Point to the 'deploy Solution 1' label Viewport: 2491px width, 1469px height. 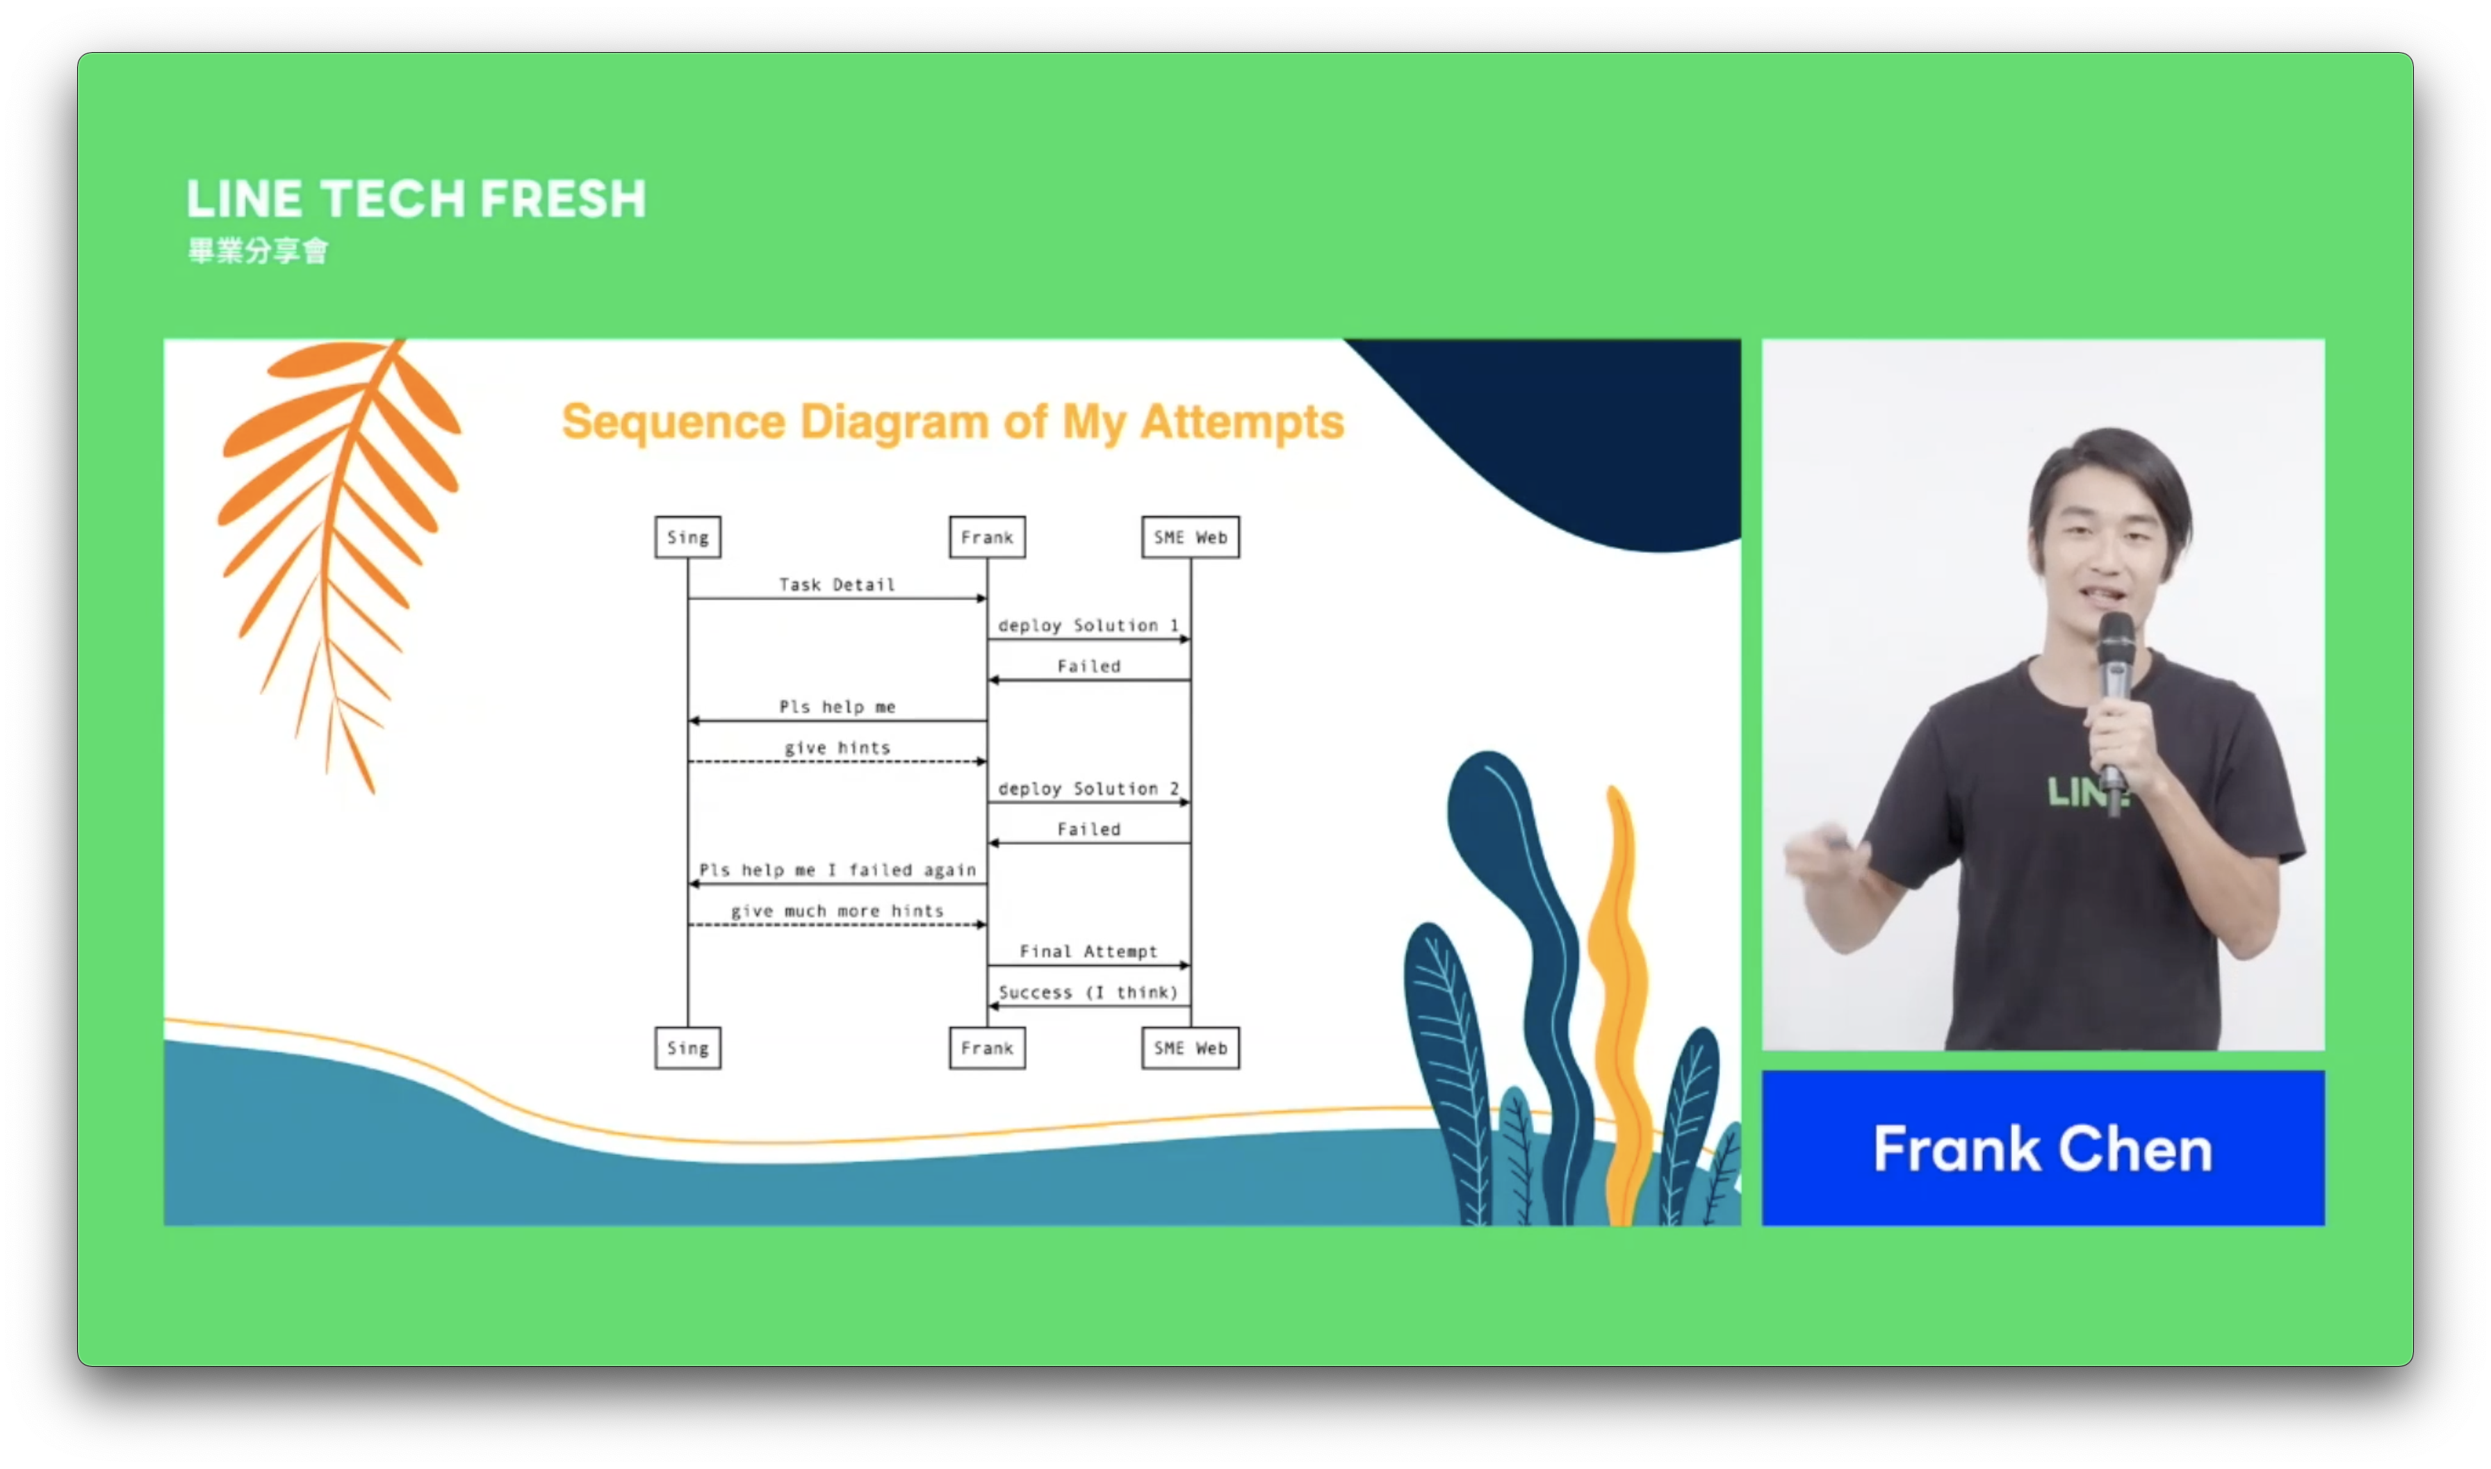tap(1088, 625)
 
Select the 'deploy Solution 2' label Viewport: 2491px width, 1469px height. tap(1088, 789)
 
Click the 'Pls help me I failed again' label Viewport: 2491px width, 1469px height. tap(838, 870)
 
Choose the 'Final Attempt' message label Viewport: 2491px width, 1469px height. tap(1088, 951)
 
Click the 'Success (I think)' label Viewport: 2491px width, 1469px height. tap(1088, 992)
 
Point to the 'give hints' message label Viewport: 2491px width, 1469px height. tap(838, 748)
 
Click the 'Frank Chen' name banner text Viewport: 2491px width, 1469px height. tap(2043, 1149)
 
